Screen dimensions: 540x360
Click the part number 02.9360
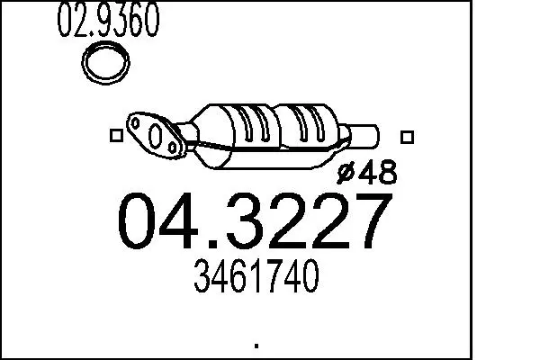[109, 19]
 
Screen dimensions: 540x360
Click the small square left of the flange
[116, 135]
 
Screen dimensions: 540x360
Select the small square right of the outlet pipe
[407, 137]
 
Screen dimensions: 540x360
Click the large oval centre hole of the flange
[156, 136]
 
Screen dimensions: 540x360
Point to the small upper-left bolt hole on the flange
[136, 122]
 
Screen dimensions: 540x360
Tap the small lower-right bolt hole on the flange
[173, 148]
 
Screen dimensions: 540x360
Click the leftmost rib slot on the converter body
[247, 124]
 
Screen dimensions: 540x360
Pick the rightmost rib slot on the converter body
[319, 123]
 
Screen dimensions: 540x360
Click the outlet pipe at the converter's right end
[364, 137]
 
